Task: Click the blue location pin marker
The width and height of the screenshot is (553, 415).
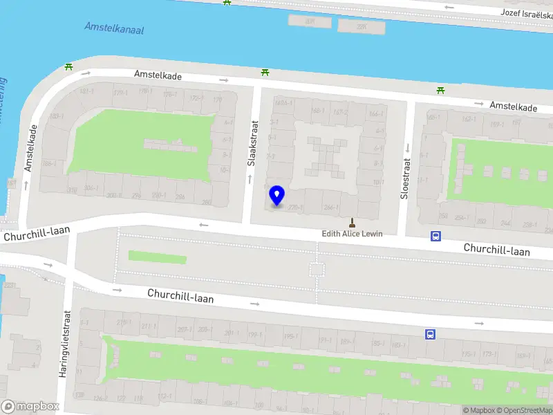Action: (277, 196)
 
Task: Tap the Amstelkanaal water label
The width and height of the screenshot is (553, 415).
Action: (114, 28)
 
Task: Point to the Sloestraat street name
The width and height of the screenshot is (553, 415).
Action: (406, 177)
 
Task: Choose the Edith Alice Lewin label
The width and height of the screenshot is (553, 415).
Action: (352, 234)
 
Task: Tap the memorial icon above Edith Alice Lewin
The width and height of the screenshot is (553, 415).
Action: (352, 223)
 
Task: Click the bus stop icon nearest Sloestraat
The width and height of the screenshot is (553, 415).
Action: (435, 236)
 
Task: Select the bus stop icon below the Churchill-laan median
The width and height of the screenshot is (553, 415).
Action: (430, 335)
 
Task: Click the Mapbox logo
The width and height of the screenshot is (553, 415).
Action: (30, 406)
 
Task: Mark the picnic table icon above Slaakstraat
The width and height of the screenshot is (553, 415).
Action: (265, 72)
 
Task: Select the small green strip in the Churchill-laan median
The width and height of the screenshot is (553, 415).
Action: (158, 257)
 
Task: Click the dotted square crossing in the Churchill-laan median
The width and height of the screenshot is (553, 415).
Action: (317, 269)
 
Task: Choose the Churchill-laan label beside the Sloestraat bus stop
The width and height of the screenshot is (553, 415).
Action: (496, 249)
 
